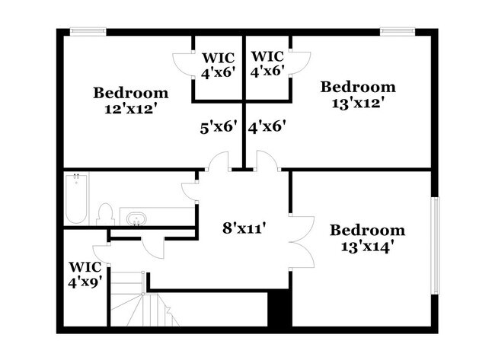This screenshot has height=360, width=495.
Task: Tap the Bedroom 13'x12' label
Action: pos(357,94)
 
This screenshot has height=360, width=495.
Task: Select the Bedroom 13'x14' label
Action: pos(367,237)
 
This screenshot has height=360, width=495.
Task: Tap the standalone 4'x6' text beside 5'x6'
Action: pos(267,128)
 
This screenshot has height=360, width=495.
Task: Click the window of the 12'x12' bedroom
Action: pos(88,31)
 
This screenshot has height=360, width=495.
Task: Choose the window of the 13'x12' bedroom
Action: pos(396,31)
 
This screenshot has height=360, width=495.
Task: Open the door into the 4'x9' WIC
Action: pos(101,251)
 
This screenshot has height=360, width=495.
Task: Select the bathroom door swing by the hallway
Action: pos(190,188)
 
